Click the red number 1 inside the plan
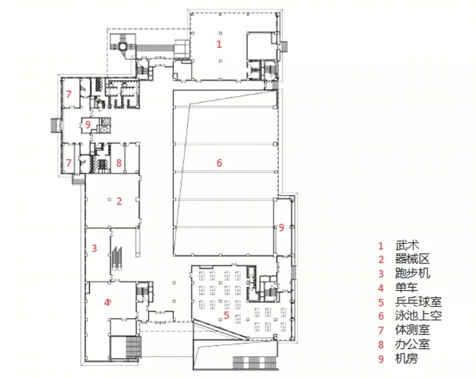pos(219,44)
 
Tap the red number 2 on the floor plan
pos(119,201)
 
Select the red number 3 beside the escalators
pos(94,248)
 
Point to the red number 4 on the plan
pos(107,302)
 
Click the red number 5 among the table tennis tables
pos(226,315)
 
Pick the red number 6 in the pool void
pos(219,163)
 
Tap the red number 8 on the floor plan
pos(119,163)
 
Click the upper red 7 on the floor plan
pos(69,94)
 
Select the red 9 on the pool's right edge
pos(281,227)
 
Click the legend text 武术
pos(407,245)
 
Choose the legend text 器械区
pos(413,259)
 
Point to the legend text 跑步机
pos(413,273)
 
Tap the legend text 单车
pos(406,287)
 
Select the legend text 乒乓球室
pos(418,302)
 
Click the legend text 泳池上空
pos(418,316)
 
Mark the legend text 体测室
pos(413,329)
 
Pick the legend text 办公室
pos(413,344)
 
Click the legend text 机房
pos(406,359)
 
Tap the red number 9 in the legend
pos(381,359)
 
